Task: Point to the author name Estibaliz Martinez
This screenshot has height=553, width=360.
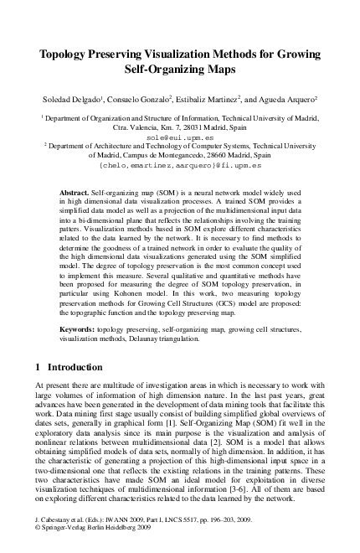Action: [202, 100]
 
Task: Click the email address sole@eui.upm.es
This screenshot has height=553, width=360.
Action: [179, 136]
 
